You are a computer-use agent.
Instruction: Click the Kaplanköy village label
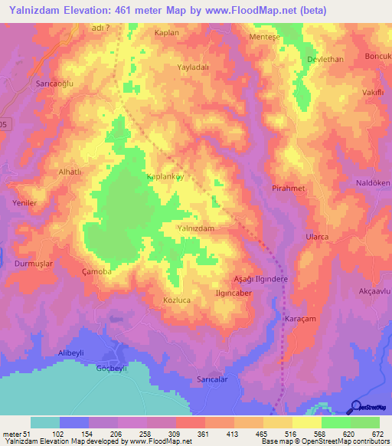tap(166, 176)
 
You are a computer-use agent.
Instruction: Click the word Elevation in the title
tap(89, 10)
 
